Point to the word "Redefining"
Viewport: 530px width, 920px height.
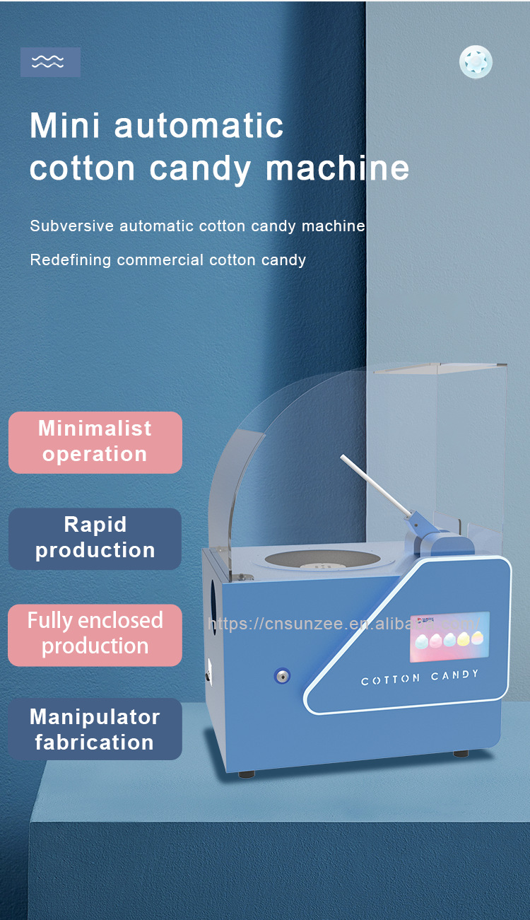tap(71, 260)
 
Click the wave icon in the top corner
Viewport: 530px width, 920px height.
tap(49, 62)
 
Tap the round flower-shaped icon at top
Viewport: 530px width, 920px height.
tap(476, 62)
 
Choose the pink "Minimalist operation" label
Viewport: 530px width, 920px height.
tap(95, 442)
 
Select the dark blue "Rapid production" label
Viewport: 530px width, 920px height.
tap(95, 538)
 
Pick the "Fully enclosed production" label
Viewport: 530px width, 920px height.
tap(95, 634)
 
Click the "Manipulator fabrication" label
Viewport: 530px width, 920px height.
tap(95, 729)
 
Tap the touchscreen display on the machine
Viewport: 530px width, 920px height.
tap(449, 637)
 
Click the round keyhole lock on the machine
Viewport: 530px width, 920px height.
tap(282, 676)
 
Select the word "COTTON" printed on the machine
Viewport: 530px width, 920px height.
tap(391, 680)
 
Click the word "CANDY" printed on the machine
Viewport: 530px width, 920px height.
tap(454, 676)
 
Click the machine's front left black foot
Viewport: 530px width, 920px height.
tap(247, 774)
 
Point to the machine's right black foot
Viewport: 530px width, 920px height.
tap(460, 754)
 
